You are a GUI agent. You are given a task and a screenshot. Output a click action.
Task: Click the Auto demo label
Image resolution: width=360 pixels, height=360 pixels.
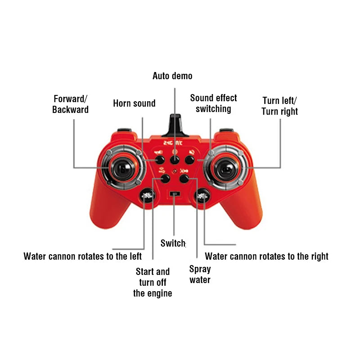(x=172, y=76)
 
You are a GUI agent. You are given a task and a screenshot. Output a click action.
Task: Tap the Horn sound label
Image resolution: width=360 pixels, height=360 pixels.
(x=134, y=103)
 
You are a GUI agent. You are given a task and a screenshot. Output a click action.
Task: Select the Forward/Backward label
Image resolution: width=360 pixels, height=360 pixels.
(x=70, y=104)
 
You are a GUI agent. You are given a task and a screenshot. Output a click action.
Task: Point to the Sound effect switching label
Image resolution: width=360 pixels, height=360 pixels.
(x=213, y=103)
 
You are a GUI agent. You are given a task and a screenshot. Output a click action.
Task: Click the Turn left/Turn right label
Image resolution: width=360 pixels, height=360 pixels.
(x=279, y=106)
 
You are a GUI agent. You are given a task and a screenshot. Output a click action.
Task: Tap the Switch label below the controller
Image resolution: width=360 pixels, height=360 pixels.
(x=173, y=243)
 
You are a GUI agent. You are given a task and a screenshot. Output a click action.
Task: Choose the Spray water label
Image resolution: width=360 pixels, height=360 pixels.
(x=200, y=274)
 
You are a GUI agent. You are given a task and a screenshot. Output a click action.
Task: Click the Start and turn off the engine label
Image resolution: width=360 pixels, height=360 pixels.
(x=153, y=283)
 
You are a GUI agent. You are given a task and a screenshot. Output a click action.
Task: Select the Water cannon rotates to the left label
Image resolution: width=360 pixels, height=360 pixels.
(x=83, y=256)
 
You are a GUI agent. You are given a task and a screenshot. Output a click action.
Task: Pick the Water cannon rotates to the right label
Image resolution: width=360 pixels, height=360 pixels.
(x=266, y=256)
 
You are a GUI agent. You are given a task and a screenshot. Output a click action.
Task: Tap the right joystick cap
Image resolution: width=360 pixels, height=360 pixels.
(x=226, y=168)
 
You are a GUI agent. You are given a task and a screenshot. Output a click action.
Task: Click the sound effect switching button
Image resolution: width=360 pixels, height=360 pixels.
(x=189, y=160)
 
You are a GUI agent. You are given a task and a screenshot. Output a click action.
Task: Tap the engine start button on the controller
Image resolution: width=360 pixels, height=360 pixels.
(x=165, y=178)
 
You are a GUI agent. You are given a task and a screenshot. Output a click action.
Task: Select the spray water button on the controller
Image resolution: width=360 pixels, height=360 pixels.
(x=184, y=178)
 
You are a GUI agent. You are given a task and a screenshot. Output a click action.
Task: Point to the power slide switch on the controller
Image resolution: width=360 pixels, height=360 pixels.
(x=175, y=193)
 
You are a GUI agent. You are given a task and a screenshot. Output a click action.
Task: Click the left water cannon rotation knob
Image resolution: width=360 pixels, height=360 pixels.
(x=147, y=196)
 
